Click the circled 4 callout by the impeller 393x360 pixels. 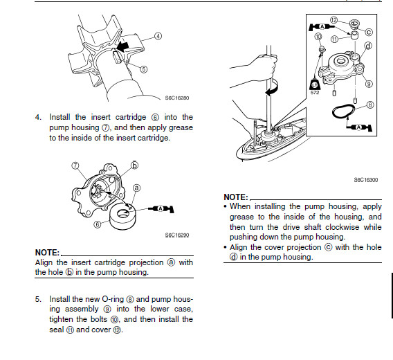click(158, 36)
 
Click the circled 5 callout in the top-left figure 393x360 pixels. click(144, 69)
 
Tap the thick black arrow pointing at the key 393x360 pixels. click(123, 46)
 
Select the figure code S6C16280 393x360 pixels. click(177, 98)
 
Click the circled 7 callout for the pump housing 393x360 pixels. click(75, 165)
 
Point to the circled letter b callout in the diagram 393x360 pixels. click(135, 165)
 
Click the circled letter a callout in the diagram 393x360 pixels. click(136, 188)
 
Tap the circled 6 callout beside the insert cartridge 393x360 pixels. click(98, 224)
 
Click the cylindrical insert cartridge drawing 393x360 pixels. click(123, 215)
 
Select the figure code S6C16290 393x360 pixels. click(177, 235)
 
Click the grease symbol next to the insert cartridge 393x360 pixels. click(161, 208)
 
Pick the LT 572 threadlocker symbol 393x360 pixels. click(315, 87)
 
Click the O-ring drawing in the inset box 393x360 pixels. click(344, 111)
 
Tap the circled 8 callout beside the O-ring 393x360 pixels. click(370, 105)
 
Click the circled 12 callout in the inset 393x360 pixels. click(334, 20)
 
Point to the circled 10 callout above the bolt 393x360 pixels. click(318, 37)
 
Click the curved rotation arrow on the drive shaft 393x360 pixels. click(272, 87)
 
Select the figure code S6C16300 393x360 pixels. click(366, 180)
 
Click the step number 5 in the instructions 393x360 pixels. click(37, 299)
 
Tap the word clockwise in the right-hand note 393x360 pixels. click(342, 227)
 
